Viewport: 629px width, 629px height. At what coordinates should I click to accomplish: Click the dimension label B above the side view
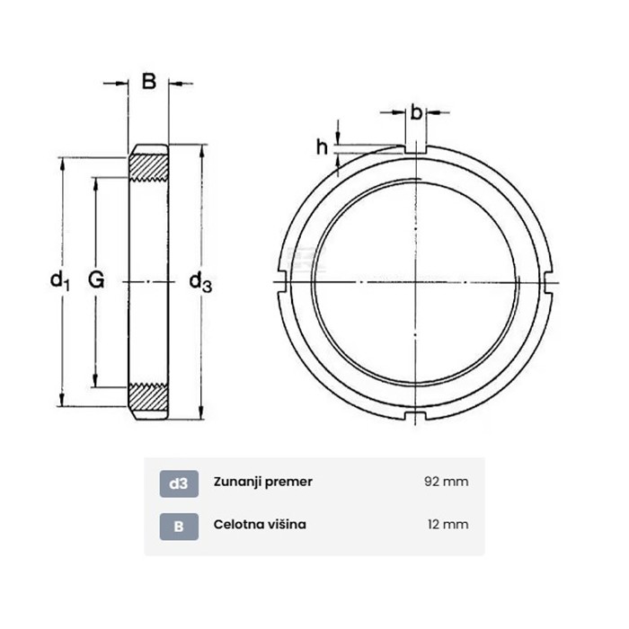149,82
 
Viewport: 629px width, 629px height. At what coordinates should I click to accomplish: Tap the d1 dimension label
60,279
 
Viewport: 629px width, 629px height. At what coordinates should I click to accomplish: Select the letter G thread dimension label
96,279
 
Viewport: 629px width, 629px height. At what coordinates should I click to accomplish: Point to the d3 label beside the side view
200,281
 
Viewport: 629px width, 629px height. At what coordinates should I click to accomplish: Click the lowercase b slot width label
416,112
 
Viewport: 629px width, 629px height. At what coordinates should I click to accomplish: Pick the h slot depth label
322,147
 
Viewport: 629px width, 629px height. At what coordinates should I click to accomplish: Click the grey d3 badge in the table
179,483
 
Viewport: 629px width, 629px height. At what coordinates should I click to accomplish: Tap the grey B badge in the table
179,527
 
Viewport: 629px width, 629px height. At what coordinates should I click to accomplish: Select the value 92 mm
446,482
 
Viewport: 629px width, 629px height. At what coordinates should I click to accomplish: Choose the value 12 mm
448,524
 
